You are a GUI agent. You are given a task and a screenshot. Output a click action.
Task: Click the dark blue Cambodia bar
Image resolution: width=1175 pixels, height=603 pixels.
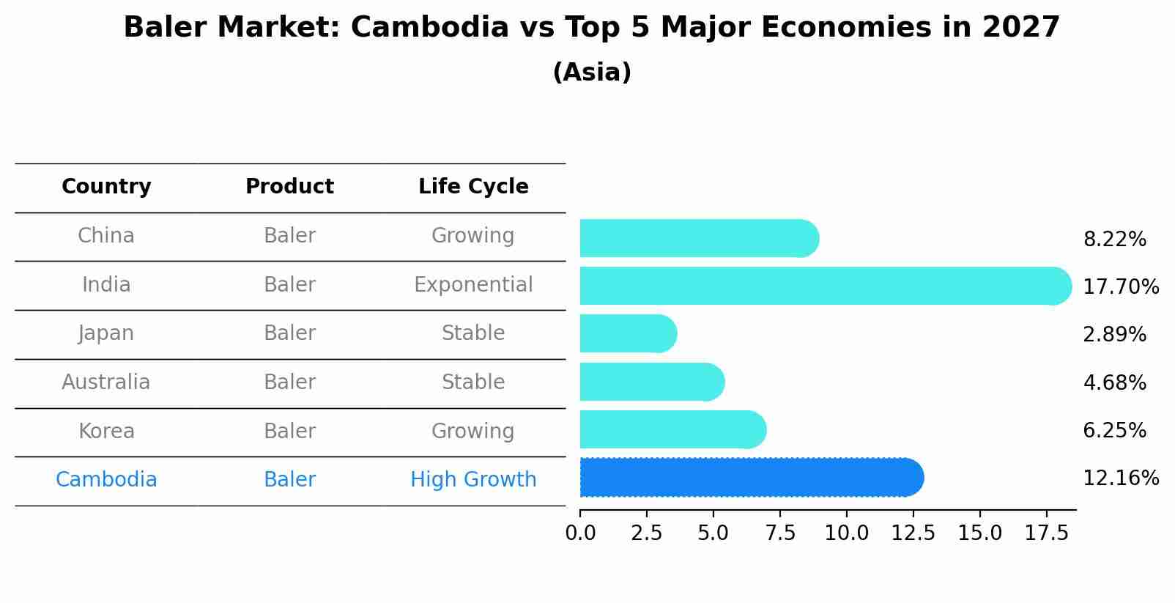(751, 478)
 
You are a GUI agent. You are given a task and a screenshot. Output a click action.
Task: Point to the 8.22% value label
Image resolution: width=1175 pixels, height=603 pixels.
(1114, 240)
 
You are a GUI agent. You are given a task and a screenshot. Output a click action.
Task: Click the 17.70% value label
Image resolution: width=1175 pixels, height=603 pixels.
(1120, 286)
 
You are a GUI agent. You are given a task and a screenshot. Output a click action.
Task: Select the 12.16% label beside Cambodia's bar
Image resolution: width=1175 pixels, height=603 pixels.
(1120, 478)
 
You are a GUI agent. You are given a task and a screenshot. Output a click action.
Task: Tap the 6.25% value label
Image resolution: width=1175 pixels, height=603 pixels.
(1114, 431)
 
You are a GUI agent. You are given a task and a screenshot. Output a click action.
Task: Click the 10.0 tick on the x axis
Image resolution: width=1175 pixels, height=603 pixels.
(846, 533)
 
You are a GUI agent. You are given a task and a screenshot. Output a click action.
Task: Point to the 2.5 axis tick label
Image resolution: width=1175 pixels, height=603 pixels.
(646, 533)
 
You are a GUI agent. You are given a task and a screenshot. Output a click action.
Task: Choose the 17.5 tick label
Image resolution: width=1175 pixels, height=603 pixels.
(1046, 533)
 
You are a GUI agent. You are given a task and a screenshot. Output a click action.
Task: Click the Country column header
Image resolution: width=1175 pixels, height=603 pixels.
(106, 187)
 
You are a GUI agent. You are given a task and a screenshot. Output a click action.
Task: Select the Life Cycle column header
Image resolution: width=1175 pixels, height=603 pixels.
(473, 187)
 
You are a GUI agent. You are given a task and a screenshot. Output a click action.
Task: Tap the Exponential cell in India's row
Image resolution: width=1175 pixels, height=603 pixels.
(473, 285)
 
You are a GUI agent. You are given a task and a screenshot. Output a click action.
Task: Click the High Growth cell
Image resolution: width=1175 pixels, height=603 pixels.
(473, 480)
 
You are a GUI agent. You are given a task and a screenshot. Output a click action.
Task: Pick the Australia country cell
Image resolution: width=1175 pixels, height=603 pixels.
(106, 382)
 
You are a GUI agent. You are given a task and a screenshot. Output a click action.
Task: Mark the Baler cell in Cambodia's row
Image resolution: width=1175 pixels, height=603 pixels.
(289, 480)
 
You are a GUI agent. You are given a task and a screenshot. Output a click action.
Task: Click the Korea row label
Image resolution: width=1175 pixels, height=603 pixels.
(106, 432)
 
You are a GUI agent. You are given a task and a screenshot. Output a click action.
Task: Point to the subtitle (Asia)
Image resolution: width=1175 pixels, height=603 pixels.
(592, 73)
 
